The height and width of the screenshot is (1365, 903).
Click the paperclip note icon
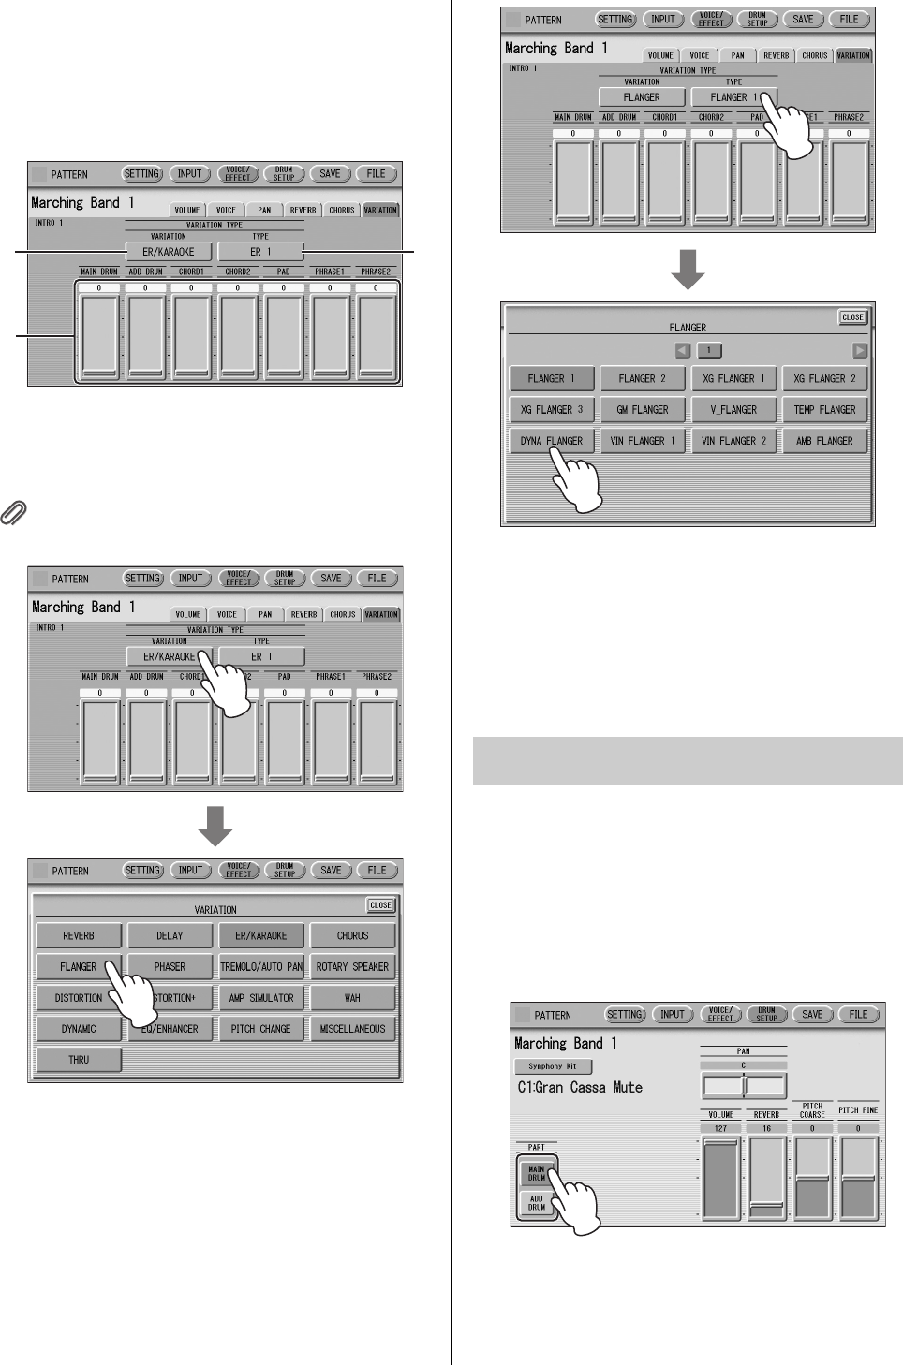click(15, 512)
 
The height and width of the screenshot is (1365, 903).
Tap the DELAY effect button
click(170, 935)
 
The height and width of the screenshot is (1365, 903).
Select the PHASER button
click(170, 966)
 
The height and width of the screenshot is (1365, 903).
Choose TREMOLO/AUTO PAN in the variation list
click(261, 966)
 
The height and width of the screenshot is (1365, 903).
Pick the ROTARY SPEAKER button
click(352, 966)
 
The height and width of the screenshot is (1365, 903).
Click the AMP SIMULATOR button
click(261, 998)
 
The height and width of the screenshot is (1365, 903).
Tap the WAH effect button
click(352, 998)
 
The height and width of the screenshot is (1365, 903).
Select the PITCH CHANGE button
click(261, 1029)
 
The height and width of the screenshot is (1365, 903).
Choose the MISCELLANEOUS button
click(352, 1029)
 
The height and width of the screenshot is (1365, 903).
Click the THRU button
click(79, 1060)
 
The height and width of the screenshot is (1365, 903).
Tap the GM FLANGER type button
click(643, 409)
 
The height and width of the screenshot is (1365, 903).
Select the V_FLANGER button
click(733, 409)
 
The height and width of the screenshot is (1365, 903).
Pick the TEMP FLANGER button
click(824, 409)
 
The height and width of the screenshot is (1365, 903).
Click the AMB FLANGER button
click(824, 440)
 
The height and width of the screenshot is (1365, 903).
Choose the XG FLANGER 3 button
click(552, 409)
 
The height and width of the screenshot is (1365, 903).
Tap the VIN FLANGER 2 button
click(733, 440)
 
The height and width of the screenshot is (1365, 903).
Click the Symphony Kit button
click(553, 1066)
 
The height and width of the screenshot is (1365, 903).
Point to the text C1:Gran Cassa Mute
click(580, 1088)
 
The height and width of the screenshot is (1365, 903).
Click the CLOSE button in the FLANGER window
click(852, 317)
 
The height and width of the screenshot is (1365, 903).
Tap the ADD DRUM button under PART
click(537, 1203)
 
